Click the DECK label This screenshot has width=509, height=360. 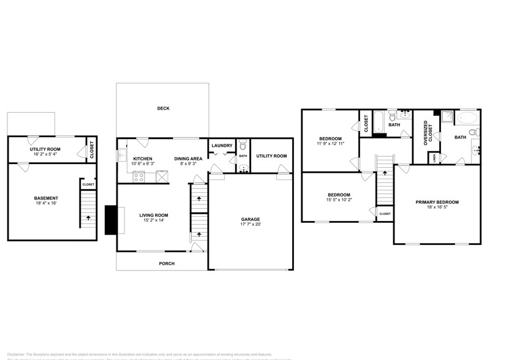click(x=163, y=108)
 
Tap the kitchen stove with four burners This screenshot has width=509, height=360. click(x=139, y=178)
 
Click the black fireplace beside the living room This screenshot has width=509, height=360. click(x=111, y=220)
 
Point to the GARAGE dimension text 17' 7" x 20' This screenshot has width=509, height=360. click(x=250, y=225)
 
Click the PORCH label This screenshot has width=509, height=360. click(x=166, y=263)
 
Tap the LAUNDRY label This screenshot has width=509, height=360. click(x=221, y=145)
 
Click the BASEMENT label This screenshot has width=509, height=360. click(x=46, y=198)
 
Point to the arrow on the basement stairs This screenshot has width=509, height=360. click(x=88, y=217)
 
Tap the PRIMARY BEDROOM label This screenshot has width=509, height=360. click(x=437, y=202)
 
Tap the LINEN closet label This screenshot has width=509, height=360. click(x=434, y=158)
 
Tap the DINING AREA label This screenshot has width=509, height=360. click(x=187, y=158)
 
